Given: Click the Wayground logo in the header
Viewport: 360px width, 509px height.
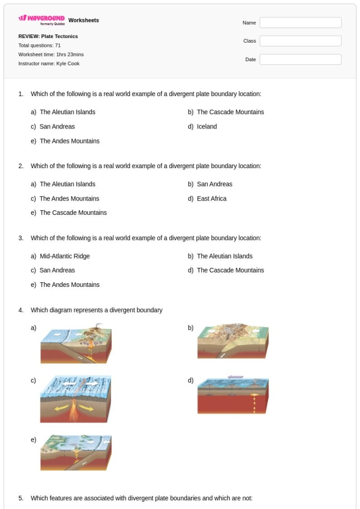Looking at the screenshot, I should coord(42,20).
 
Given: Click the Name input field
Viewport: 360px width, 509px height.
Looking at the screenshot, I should coord(300,23).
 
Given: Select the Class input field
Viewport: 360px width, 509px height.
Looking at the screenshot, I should coord(300,41).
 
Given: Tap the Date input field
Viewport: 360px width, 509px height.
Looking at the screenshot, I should coord(300,60).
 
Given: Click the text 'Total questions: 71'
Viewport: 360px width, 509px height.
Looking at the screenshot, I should coord(40,46).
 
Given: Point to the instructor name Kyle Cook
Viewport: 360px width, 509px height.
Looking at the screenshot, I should coord(49,64).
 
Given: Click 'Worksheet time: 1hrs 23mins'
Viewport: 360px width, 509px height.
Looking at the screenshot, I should coord(51,54).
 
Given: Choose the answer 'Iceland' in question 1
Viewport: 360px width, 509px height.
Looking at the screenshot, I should coord(207,126).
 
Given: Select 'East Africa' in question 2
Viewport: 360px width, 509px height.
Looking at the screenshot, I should coord(211,198).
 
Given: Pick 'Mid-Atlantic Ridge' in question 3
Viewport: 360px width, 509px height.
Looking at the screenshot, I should coord(64,256).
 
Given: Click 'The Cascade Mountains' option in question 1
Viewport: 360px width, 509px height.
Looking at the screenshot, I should coord(230,112).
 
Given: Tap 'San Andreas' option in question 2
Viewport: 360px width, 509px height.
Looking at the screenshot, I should coord(214,184).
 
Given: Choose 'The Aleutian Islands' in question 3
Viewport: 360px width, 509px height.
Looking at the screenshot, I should coord(224,256).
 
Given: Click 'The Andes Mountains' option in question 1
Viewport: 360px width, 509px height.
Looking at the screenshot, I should coord(69,141).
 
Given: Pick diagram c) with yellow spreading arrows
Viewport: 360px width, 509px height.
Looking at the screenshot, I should coord(76,398).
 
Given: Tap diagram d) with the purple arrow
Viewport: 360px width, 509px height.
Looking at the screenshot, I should coord(233,395).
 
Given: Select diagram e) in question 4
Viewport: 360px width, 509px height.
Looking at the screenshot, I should coord(76,452).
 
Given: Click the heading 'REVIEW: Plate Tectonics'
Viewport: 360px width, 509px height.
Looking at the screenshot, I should coord(48,37).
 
